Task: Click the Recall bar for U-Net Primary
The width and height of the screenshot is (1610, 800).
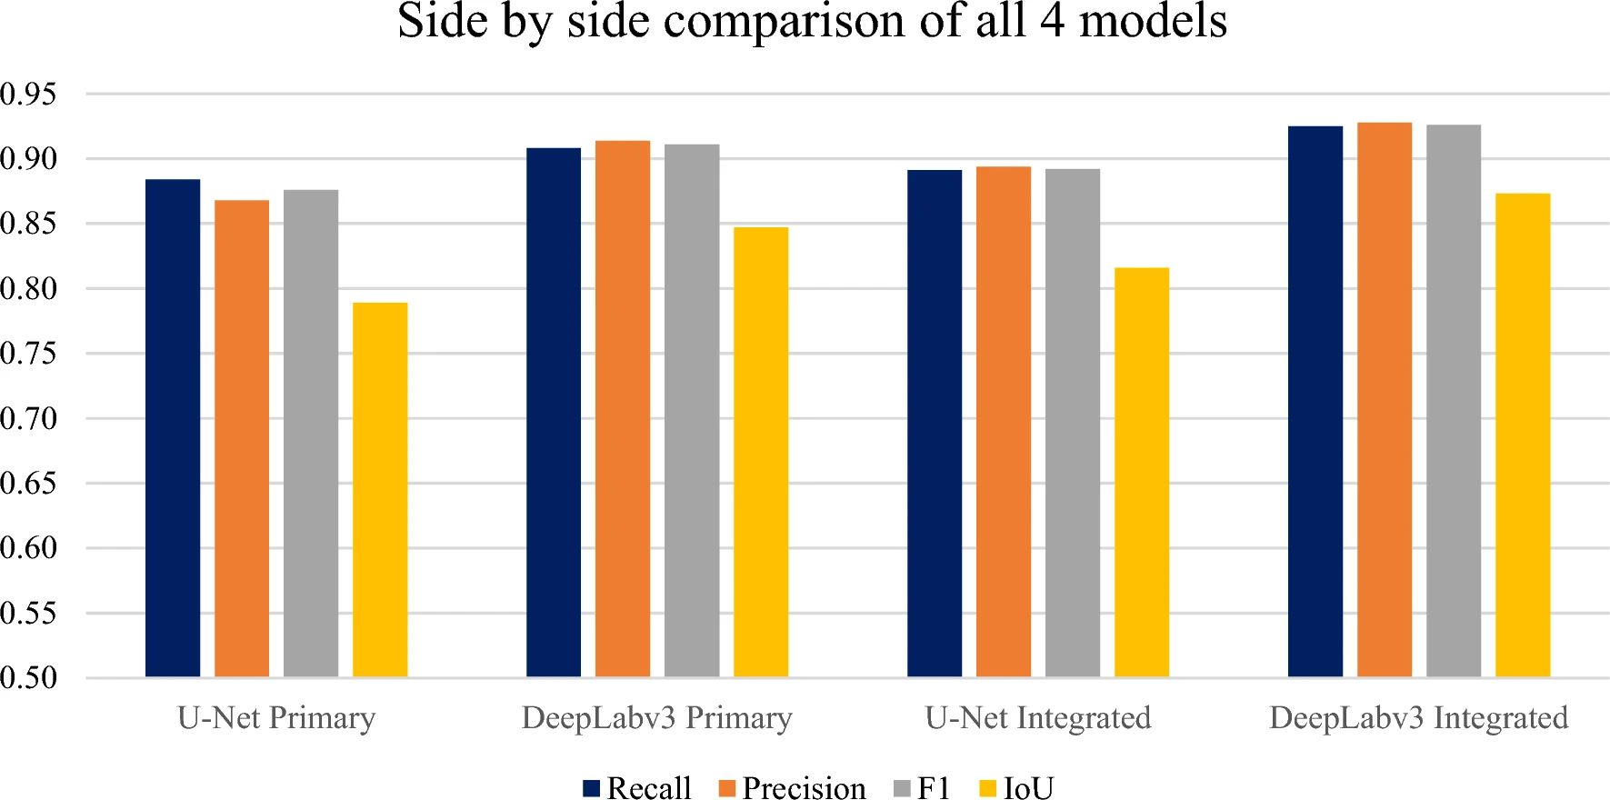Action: (x=173, y=428)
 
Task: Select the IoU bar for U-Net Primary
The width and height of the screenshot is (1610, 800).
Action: (x=380, y=490)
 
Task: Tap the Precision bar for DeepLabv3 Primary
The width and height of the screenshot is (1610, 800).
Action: (x=623, y=409)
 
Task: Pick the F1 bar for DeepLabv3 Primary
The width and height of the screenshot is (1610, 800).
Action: (x=692, y=411)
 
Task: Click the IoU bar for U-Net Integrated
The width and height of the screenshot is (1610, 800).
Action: (x=1142, y=473)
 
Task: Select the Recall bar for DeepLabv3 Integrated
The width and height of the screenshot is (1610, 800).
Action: (x=1315, y=402)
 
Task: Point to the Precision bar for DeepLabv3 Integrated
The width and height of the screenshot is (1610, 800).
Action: (x=1385, y=400)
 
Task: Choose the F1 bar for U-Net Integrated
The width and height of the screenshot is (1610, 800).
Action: (x=1073, y=423)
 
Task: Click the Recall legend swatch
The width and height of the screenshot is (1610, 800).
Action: (x=592, y=788)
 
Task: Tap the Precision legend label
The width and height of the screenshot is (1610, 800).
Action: (x=805, y=788)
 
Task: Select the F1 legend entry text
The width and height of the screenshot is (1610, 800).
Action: (x=934, y=788)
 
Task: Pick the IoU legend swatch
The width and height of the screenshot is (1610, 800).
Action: (x=987, y=788)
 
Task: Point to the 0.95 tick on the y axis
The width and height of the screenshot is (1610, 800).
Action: (x=28, y=94)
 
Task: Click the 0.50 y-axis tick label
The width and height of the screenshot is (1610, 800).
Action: (x=28, y=677)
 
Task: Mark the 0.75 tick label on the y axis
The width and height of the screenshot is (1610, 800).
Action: (x=28, y=354)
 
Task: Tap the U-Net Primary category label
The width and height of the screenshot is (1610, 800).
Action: (x=276, y=718)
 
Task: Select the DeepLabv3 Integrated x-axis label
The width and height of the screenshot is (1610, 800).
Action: (x=1419, y=718)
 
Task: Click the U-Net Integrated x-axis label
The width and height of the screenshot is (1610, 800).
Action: (x=1038, y=718)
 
